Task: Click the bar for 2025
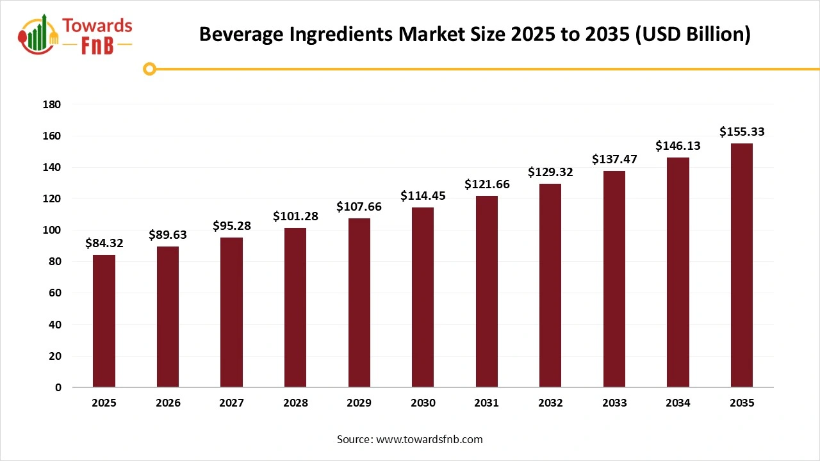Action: [104, 321]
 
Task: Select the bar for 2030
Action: [423, 297]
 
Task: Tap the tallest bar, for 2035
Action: [742, 265]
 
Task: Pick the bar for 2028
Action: [295, 307]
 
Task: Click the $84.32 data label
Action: [104, 243]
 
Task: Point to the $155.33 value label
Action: [742, 132]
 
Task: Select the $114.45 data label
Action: [423, 196]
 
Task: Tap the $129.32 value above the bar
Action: [550, 172]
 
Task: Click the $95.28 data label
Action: [232, 226]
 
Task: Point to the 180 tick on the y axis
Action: [52, 104]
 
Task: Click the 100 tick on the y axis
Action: [52, 230]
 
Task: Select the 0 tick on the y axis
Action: [58, 387]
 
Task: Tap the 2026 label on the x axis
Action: [168, 403]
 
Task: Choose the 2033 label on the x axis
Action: [614, 403]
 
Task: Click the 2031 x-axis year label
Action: [487, 403]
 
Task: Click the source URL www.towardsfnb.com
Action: [429, 439]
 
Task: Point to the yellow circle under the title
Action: [150, 69]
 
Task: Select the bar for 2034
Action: [678, 272]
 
